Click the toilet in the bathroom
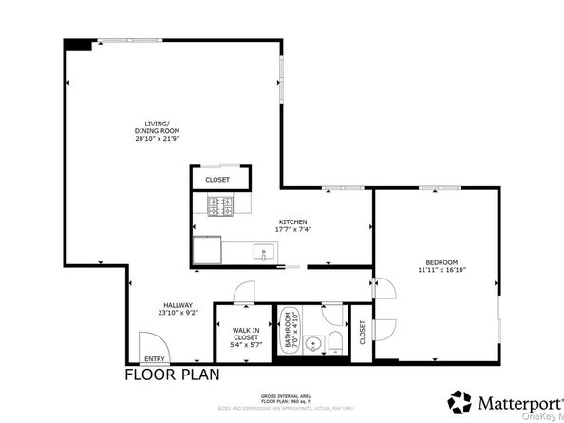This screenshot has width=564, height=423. [334, 341]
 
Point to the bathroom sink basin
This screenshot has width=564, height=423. [311, 343]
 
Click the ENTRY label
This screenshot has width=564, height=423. [154, 359]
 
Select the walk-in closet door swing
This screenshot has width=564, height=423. [244, 294]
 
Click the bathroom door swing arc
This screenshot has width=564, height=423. [332, 311]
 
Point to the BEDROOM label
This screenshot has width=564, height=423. [442, 262]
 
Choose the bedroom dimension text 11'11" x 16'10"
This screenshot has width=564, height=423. [442, 271]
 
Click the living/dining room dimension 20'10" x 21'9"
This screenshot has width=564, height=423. [157, 139]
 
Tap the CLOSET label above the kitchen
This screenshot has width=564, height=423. [217, 178]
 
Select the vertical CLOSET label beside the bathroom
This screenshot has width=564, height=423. [362, 331]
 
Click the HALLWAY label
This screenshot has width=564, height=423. [177, 305]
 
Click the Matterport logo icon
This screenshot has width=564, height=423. [461, 401]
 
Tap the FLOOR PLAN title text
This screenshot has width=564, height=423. [172, 375]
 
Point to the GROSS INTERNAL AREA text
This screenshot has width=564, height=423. [281, 395]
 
